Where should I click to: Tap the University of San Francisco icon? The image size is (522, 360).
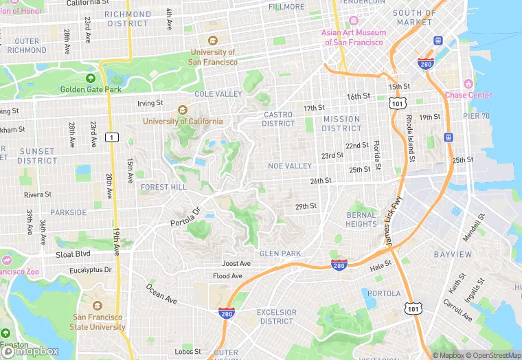pos(212,41)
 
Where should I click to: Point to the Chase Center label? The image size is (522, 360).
pos(468,95)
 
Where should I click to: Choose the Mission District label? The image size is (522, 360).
pos(341,124)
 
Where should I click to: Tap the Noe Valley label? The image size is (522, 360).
pos(290,166)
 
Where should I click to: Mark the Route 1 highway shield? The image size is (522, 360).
pos(111,137)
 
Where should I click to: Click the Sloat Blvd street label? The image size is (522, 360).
pos(72,254)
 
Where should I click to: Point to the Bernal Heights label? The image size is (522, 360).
pos(361,219)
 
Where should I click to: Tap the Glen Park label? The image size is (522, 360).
pos(280,254)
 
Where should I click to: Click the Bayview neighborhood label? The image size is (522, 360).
pos(453,254)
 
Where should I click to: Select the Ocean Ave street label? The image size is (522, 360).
pos(161,293)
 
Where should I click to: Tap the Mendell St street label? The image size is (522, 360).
pos(473,227)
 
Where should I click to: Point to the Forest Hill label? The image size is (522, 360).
pos(163,187)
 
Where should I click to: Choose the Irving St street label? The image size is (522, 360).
pos(150,103)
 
